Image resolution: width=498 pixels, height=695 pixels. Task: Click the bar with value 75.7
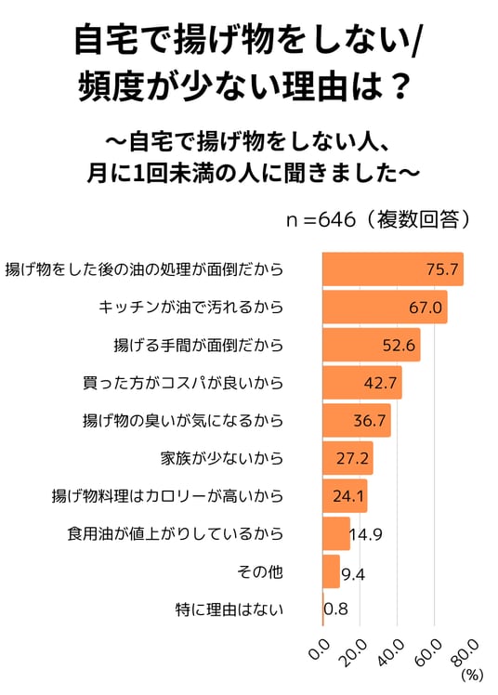pyautogui.click(x=393, y=269)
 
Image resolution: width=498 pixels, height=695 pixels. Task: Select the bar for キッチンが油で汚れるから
pyautogui.click(x=385, y=307)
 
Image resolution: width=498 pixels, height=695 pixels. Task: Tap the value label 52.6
pyautogui.click(x=399, y=345)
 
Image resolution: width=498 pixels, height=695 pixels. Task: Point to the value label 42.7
pyautogui.click(x=380, y=383)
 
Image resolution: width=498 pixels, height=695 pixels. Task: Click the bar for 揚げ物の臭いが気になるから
pyautogui.click(x=357, y=420)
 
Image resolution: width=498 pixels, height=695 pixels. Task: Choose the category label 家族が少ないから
pyautogui.click(x=221, y=458)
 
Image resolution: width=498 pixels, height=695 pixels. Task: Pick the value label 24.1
pyautogui.click(x=348, y=496)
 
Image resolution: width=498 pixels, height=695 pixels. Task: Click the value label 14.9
pyautogui.click(x=366, y=534)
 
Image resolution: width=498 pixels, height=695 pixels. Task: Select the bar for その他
pyautogui.click(x=331, y=571)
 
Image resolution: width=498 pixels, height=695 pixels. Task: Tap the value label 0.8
pyautogui.click(x=335, y=609)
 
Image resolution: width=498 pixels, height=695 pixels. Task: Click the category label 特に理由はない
pyautogui.click(x=229, y=610)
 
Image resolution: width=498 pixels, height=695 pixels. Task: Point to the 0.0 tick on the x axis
pyautogui.click(x=320, y=650)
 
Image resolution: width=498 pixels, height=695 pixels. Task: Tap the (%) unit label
pyautogui.click(x=472, y=675)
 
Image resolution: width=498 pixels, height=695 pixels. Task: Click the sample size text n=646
pyautogui.click(x=321, y=219)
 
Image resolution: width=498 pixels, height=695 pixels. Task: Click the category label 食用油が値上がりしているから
pyautogui.click(x=175, y=533)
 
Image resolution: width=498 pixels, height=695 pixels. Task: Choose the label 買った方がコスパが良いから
pyautogui.click(x=183, y=383)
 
